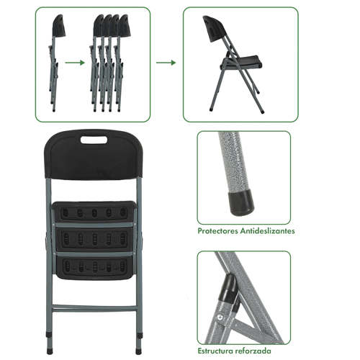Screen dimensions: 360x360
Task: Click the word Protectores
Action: (217, 231)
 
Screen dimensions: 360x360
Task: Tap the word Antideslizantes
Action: (268, 231)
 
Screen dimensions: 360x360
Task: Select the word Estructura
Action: (215, 351)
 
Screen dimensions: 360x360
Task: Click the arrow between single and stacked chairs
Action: (75, 63)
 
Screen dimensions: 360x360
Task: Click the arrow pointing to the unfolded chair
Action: (166, 63)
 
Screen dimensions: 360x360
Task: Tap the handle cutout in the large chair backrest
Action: (94, 140)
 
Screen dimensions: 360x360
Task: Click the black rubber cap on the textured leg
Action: (241, 202)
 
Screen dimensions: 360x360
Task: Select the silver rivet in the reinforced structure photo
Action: (220, 318)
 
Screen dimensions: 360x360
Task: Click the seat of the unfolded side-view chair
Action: (241, 63)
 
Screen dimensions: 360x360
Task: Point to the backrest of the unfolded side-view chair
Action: (215, 29)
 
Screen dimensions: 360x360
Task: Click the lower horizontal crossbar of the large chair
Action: (94, 308)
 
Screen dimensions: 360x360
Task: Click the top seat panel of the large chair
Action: (93, 212)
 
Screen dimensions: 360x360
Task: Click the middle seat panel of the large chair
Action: (94, 239)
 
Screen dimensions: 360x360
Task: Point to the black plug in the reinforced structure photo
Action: (228, 288)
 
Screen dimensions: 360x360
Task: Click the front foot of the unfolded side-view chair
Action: (212, 109)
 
